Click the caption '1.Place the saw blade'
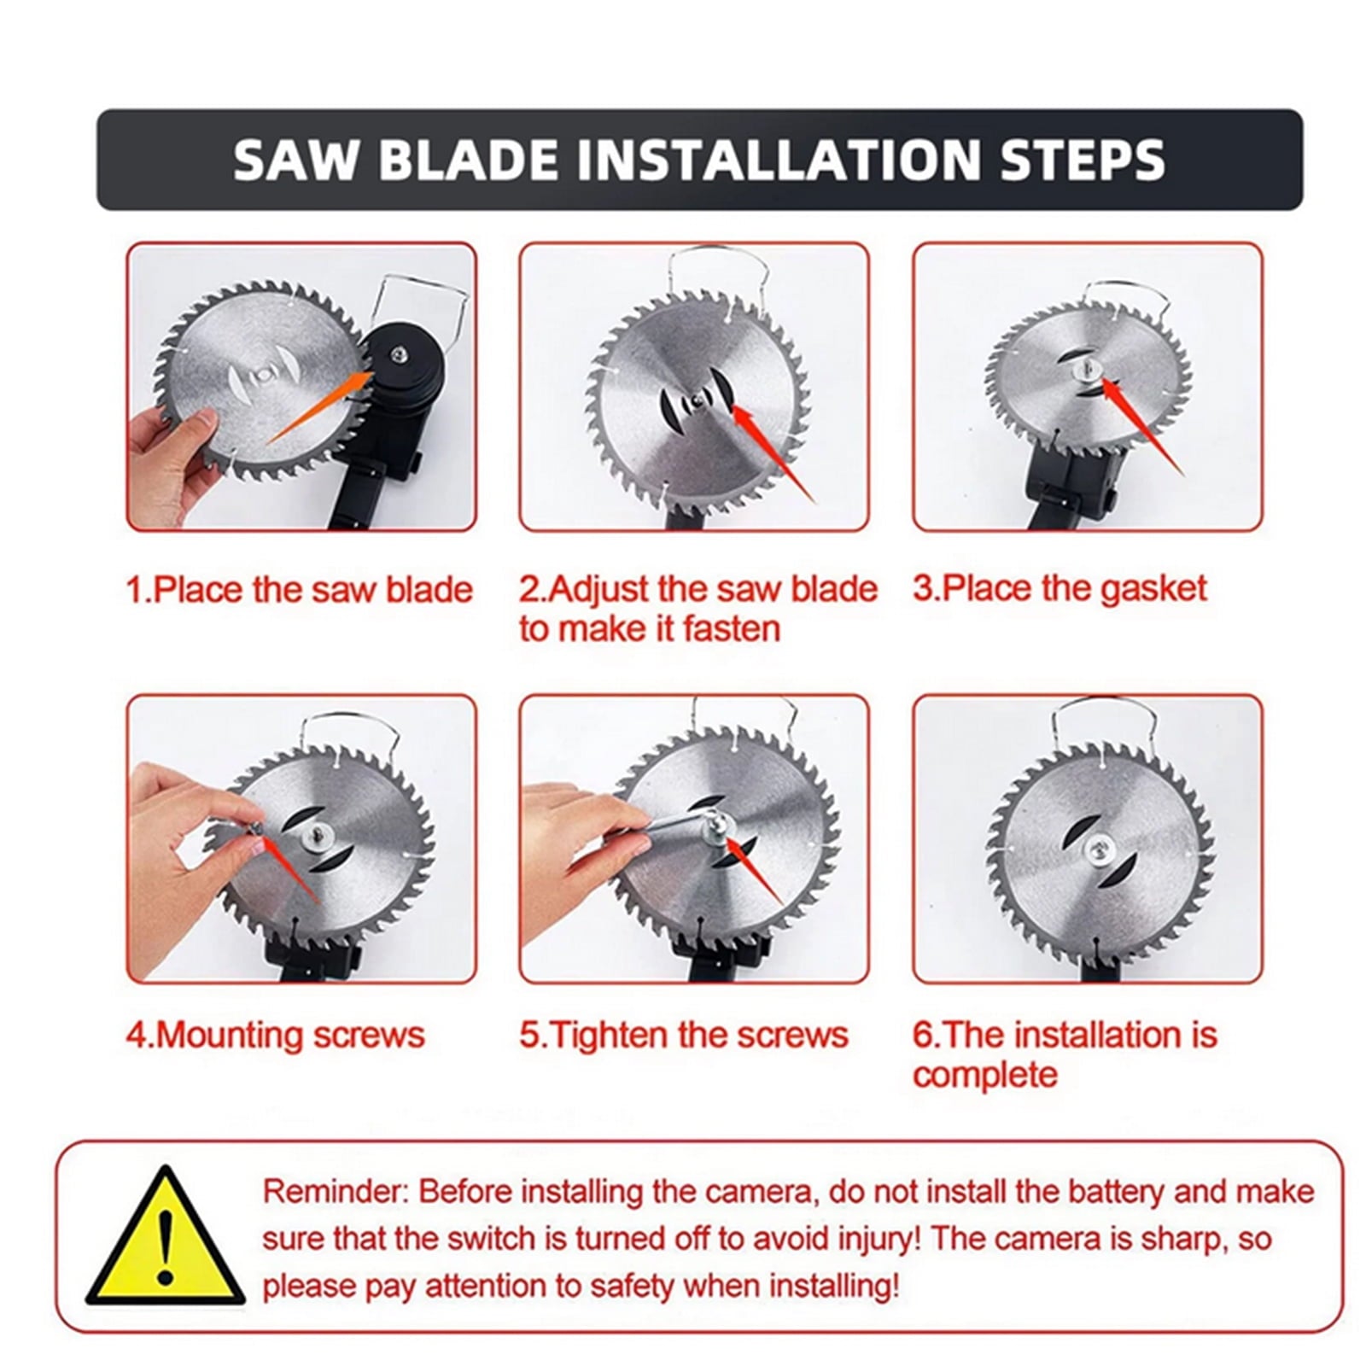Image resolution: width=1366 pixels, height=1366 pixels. (300, 590)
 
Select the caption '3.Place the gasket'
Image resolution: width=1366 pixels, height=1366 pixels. (1060, 589)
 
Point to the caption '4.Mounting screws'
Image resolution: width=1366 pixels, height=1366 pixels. (276, 1036)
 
